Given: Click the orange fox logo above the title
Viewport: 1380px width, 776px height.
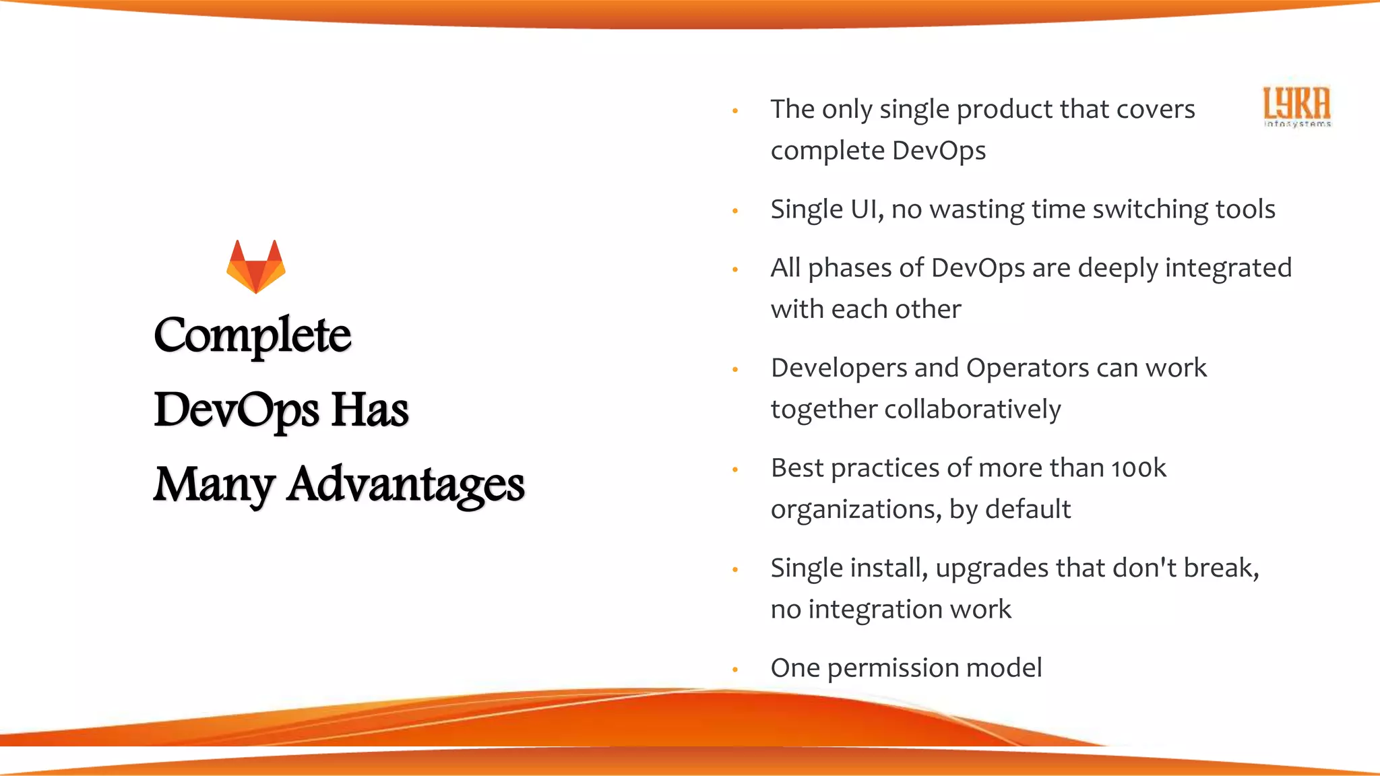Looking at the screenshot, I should (256, 267).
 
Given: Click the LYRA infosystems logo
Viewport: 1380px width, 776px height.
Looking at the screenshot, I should (1297, 106).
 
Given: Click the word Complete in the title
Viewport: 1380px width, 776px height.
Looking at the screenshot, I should (253, 335).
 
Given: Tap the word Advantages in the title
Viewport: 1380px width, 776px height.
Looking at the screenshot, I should (406, 484).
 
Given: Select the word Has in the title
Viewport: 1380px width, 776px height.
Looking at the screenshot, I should (370, 410).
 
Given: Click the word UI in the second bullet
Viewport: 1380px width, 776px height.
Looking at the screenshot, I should (866, 209).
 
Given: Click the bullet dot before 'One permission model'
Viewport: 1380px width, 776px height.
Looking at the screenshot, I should (735, 670).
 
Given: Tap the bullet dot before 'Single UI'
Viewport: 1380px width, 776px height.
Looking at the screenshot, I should (735, 212).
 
